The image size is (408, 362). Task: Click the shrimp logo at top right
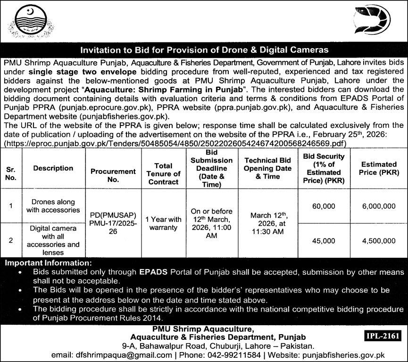(373, 20)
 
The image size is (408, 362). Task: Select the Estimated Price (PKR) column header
(378, 168)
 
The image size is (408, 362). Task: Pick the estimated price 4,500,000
(378, 240)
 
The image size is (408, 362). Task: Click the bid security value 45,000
(323, 240)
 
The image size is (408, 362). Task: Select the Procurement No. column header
(113, 175)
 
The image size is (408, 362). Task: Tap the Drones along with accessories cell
(53, 206)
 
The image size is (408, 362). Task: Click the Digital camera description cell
(53, 240)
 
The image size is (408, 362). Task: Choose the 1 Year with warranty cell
(163, 223)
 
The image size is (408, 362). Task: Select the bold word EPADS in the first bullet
(151, 272)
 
